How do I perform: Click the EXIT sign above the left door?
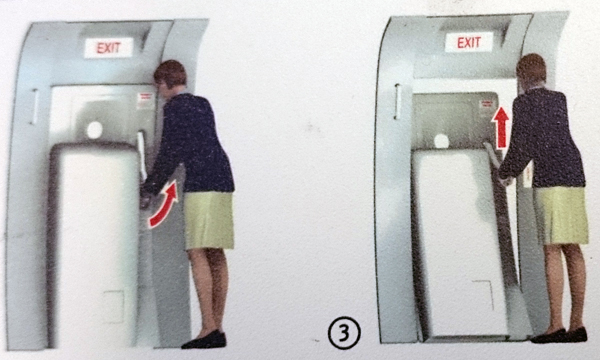pyautogui.click(x=109, y=48)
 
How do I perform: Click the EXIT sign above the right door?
pyautogui.click(x=469, y=42)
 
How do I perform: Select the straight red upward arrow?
pyautogui.click(x=501, y=127)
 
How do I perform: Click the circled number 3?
pyautogui.click(x=344, y=333)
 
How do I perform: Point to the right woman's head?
pyautogui.click(x=531, y=70)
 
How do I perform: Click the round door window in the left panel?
pyautogui.click(x=95, y=130)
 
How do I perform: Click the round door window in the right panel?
pyautogui.click(x=442, y=141)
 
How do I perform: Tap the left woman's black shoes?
pyautogui.click(x=204, y=340)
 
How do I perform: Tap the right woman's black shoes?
pyautogui.click(x=559, y=335)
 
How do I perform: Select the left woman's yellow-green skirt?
pyautogui.click(x=209, y=220)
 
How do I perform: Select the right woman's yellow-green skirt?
pyautogui.click(x=561, y=215)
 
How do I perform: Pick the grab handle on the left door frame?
pyautogui.click(x=35, y=107)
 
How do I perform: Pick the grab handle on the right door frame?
pyautogui.click(x=398, y=101)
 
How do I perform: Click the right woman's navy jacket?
pyautogui.click(x=543, y=138)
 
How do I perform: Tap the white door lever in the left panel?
pyautogui.click(x=142, y=155)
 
